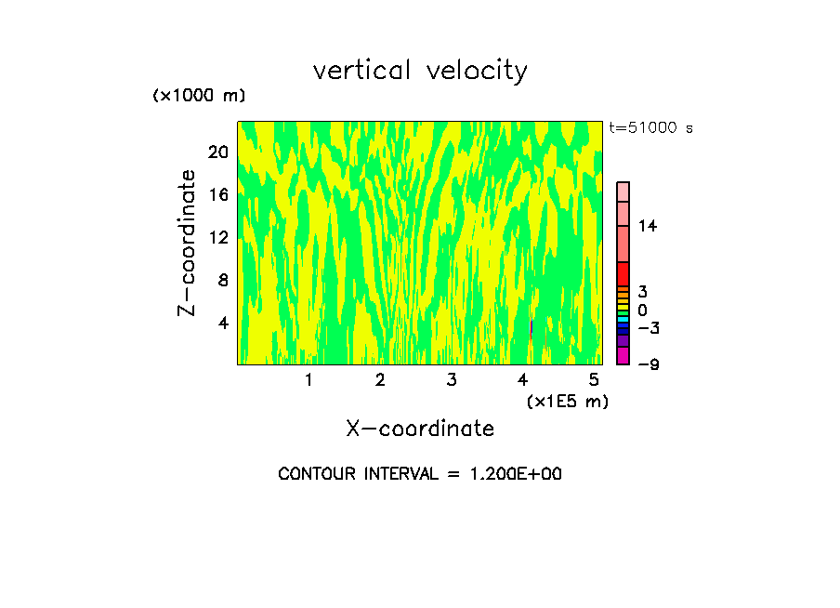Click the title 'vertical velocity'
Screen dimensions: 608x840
pos(420,71)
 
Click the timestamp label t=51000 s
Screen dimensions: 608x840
pos(650,128)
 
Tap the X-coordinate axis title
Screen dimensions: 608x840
pos(420,429)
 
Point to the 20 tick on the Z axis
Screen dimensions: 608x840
pos(217,152)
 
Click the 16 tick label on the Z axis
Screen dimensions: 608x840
pos(217,194)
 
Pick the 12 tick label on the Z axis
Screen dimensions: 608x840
pos(217,237)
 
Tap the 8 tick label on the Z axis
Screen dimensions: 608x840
pos(222,280)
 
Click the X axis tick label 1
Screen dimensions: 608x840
pos(308,380)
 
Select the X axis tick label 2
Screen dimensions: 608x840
pos(380,380)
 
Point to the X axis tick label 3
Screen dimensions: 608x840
pos(451,380)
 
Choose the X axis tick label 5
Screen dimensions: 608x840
pos(594,380)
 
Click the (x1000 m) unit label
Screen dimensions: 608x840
pos(198,97)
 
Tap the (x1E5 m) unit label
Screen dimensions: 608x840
pos(568,402)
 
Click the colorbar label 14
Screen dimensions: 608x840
pos(648,226)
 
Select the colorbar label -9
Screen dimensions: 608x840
pos(648,363)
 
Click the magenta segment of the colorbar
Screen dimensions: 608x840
pos(623,356)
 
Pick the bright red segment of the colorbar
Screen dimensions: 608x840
pos(623,273)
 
